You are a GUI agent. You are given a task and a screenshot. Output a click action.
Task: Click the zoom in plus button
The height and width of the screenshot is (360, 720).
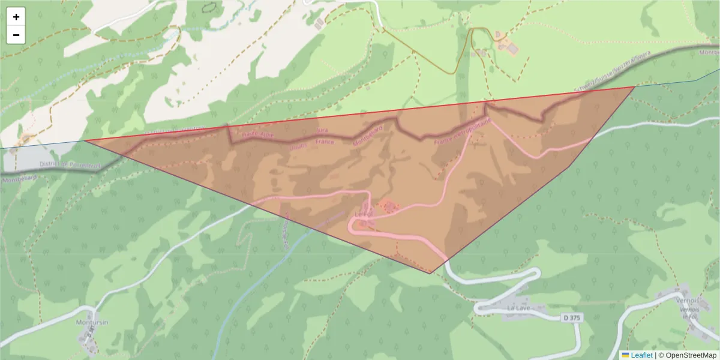(x=16, y=17)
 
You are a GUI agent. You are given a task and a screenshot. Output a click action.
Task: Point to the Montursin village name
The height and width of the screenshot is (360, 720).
(x=92, y=322)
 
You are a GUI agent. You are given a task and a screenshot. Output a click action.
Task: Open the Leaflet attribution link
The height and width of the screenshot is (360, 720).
(x=641, y=355)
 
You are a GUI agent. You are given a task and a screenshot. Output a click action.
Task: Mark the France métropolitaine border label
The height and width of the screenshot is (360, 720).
(x=463, y=131)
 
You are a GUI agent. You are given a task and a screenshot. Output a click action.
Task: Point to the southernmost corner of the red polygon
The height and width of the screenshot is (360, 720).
(x=430, y=274)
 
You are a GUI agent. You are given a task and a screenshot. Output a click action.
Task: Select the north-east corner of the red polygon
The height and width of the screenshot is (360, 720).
(x=635, y=87)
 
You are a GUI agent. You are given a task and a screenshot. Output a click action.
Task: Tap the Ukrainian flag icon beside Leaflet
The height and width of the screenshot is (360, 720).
(x=625, y=355)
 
